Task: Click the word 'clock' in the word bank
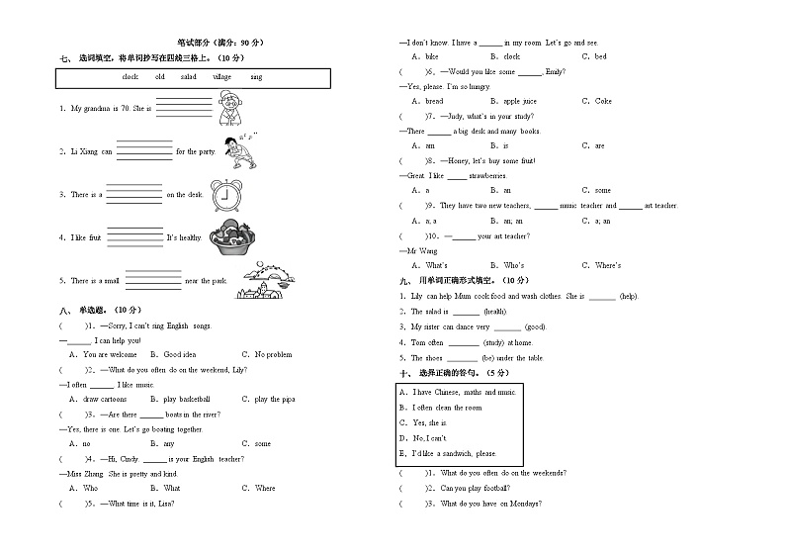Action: click(x=130, y=76)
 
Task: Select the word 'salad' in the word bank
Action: click(x=189, y=76)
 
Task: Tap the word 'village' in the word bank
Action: click(x=221, y=76)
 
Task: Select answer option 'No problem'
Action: click(x=273, y=354)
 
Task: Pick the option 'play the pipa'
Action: click(x=275, y=399)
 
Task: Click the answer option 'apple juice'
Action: click(x=520, y=101)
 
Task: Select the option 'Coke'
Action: click(x=603, y=101)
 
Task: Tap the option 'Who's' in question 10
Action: click(x=514, y=265)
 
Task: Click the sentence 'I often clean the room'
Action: click(x=446, y=408)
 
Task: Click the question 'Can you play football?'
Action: click(x=476, y=488)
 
